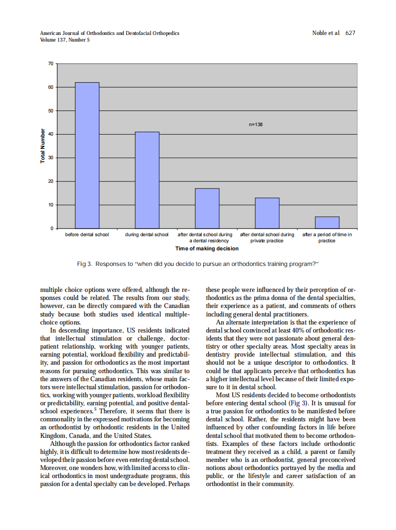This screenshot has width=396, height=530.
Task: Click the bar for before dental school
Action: pyautogui.click(x=87, y=155)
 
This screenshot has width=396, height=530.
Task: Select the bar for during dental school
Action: pyautogui.click(x=147, y=180)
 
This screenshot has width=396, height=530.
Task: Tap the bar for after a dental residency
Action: pyautogui.click(x=207, y=208)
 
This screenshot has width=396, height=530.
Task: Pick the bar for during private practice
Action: pyautogui.click(x=267, y=213)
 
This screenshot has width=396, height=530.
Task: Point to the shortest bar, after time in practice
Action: pyautogui.click(x=327, y=222)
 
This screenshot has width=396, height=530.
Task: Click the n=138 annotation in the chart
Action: pyautogui.click(x=256, y=124)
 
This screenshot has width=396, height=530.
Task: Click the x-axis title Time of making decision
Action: pyautogui.click(x=207, y=248)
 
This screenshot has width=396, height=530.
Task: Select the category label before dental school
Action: pyautogui.click(x=87, y=235)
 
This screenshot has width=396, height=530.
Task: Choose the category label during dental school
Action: pyautogui.click(x=147, y=235)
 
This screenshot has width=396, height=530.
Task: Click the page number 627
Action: pyautogui.click(x=350, y=33)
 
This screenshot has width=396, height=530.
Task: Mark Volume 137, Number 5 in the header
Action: pyautogui.click(x=65, y=40)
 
